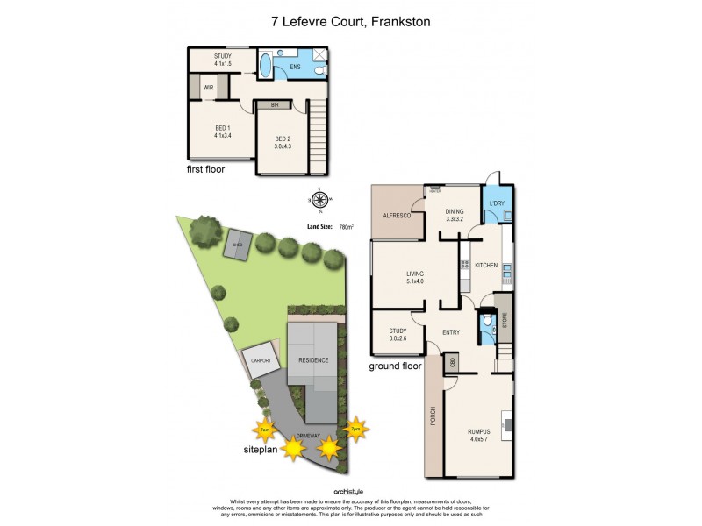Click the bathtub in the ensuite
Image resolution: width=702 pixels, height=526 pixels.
[265, 66]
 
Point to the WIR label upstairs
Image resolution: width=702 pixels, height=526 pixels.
[209, 88]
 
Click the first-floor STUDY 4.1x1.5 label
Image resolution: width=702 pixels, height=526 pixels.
[222, 60]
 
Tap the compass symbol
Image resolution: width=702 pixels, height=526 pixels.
[319, 200]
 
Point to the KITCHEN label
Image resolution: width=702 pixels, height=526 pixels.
[487, 265]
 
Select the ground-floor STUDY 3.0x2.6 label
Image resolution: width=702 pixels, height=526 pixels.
[398, 334]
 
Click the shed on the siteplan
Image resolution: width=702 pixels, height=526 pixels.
[237, 245]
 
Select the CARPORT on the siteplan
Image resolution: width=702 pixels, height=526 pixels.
[262, 361]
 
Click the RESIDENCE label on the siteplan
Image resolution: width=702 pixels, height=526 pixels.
[313, 360]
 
